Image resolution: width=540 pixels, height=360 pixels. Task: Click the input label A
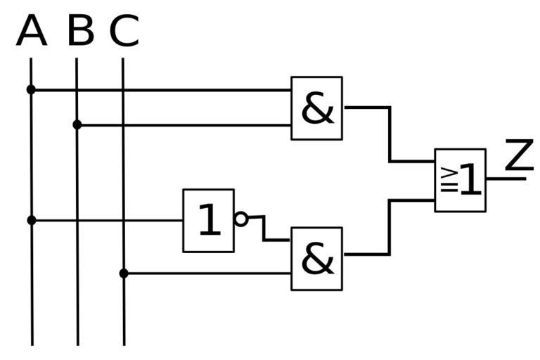click(x=31, y=32)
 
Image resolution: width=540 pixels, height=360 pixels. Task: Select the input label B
click(x=80, y=32)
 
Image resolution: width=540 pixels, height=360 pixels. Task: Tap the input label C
click(x=124, y=32)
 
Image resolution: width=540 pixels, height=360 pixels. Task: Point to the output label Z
click(x=519, y=156)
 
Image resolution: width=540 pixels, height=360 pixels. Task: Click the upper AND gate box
click(x=317, y=108)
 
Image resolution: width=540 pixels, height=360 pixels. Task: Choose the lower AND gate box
click(x=317, y=259)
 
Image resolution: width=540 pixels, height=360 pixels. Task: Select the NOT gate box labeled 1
click(x=209, y=220)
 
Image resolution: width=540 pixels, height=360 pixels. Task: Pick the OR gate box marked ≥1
click(x=460, y=180)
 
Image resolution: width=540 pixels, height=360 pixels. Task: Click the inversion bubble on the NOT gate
click(x=241, y=219)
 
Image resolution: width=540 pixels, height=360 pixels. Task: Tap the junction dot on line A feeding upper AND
click(x=31, y=90)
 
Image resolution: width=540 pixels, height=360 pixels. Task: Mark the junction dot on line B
click(x=77, y=125)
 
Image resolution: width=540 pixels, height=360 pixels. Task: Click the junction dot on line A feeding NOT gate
click(x=31, y=220)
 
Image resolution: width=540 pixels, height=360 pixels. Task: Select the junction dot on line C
click(x=124, y=273)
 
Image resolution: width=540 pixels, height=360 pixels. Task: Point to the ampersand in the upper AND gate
click(x=318, y=109)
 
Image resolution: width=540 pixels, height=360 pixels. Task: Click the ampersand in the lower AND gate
click(x=318, y=259)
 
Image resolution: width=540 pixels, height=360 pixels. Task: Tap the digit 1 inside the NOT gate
click(x=209, y=221)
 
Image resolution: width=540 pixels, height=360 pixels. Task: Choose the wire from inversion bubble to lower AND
click(x=264, y=229)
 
